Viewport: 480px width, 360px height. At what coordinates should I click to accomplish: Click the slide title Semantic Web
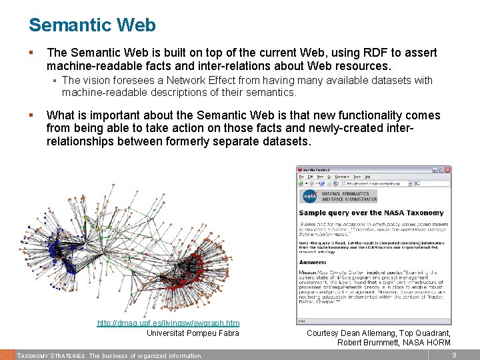92,25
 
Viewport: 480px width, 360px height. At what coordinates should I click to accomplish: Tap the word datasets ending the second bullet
289,141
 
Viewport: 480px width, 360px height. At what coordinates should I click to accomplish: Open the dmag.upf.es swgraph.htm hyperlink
168,323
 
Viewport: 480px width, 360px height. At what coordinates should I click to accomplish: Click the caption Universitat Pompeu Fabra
193,333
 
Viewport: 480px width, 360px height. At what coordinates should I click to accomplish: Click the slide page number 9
454,355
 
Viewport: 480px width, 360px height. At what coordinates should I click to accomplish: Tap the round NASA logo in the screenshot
309,197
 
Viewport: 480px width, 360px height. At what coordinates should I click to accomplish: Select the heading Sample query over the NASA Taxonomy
371,213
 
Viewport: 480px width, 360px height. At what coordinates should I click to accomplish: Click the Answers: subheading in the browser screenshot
313,262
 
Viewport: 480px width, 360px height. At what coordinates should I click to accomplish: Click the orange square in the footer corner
7,355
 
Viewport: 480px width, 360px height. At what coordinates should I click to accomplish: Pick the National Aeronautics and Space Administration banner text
349,197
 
